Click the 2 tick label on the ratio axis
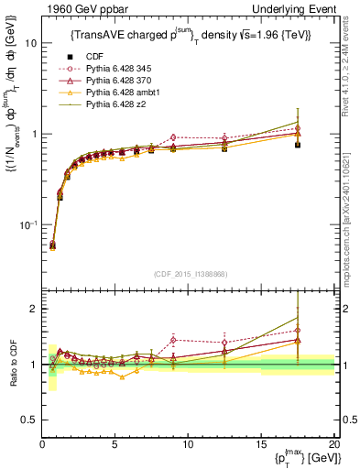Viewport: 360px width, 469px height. (x=32, y=309)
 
